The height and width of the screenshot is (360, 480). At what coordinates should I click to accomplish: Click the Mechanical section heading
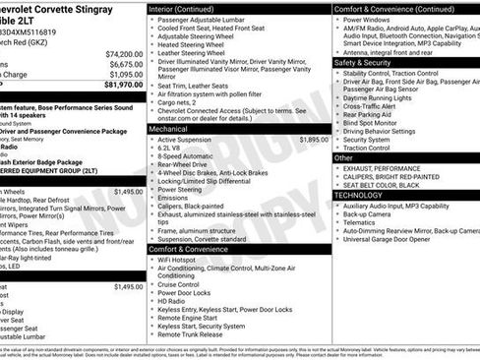(x=168, y=128)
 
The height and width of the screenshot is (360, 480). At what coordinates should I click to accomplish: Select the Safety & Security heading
(x=364, y=61)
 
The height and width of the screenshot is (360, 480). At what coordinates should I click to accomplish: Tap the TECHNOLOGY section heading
(x=360, y=195)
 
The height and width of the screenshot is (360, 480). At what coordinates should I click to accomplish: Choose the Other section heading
(x=343, y=157)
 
